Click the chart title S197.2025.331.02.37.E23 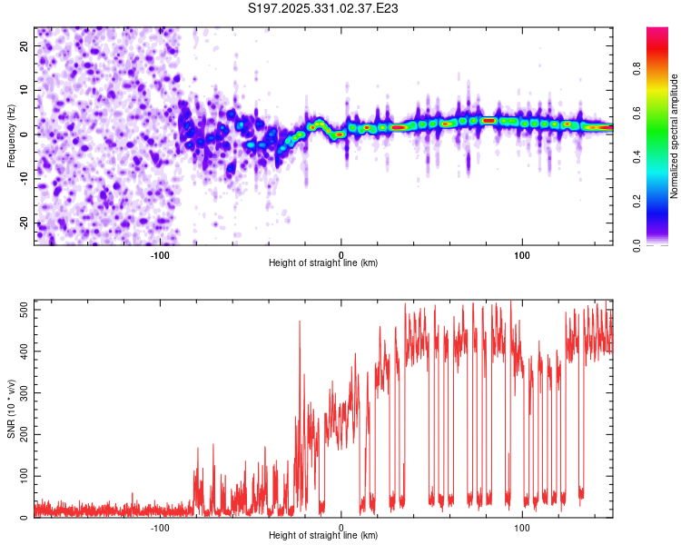point(324,9)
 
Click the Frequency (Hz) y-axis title point(11,135)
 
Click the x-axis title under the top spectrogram point(323,263)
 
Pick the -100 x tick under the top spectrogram point(160,254)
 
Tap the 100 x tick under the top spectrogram point(522,254)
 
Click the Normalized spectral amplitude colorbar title point(675,135)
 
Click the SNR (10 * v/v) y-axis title point(11,409)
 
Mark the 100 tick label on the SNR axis point(22,476)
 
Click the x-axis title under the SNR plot point(323,535)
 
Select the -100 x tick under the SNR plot point(160,527)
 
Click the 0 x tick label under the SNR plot point(341,527)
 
